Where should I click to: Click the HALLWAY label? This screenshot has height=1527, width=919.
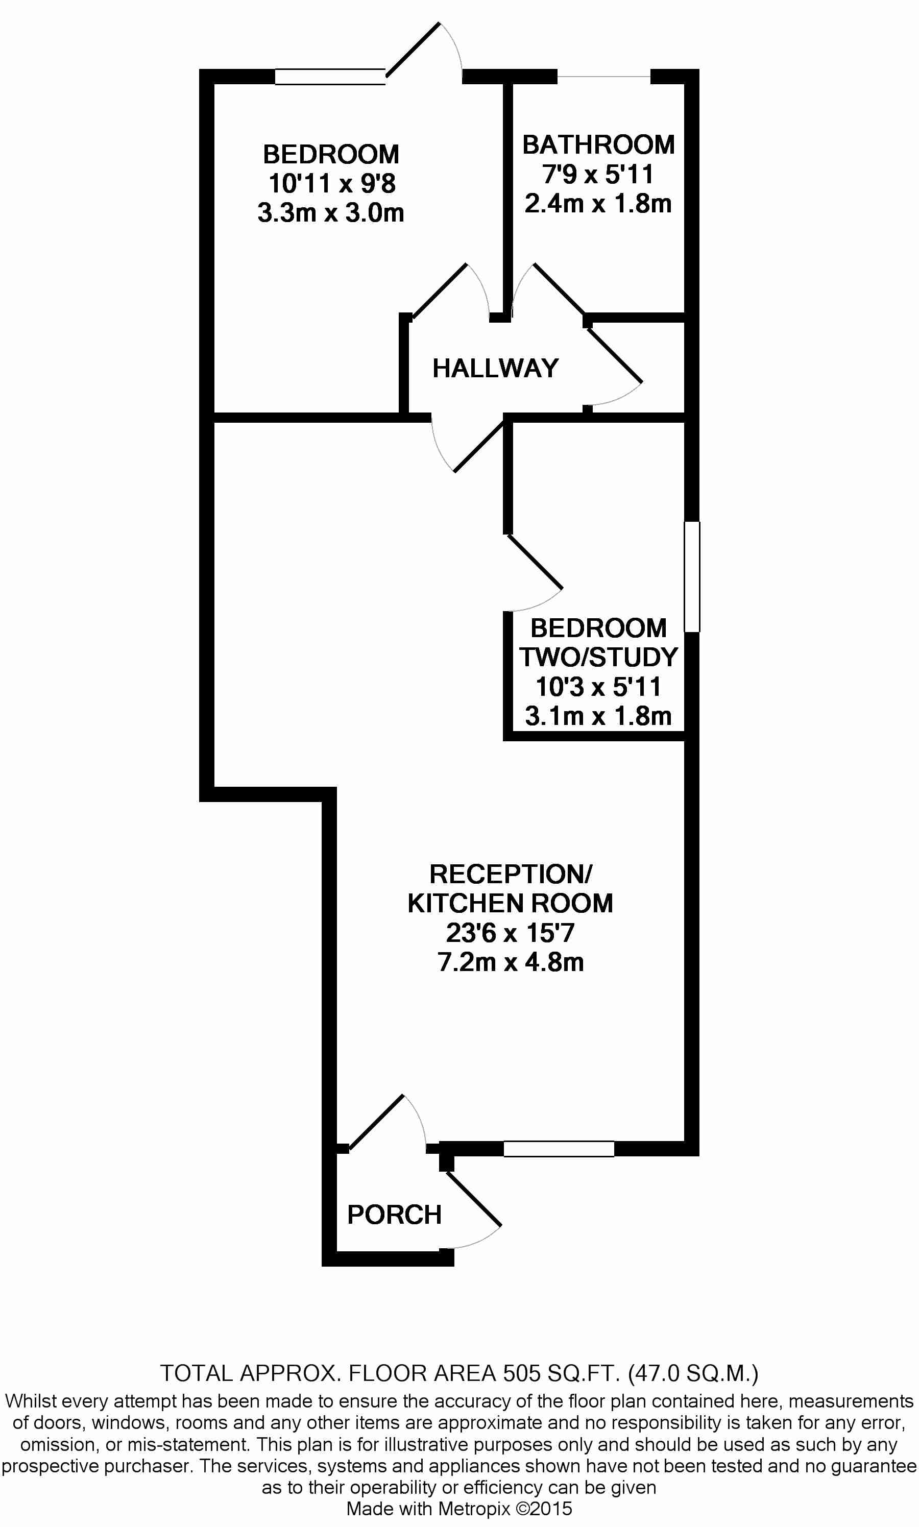click(x=495, y=369)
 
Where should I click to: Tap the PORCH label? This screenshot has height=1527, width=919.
click(x=395, y=1215)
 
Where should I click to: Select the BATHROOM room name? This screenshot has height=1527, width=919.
click(x=598, y=145)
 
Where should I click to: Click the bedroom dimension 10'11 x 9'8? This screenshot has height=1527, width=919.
click(x=331, y=183)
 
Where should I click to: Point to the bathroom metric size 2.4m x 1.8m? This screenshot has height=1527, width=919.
click(x=598, y=203)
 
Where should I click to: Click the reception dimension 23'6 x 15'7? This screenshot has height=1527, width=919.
click(x=510, y=933)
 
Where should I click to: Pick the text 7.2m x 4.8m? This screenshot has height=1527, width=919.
click(x=510, y=962)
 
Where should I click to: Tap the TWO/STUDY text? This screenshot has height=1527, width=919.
click(x=598, y=657)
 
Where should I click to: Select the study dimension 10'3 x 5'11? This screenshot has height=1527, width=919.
click(x=598, y=687)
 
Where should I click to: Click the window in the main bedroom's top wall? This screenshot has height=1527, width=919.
click(x=330, y=77)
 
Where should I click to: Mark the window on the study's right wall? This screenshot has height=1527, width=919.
click(x=692, y=576)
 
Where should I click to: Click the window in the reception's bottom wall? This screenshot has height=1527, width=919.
click(x=559, y=1149)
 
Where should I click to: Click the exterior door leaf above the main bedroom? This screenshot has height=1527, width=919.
click(x=413, y=50)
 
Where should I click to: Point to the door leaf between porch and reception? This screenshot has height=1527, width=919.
click(x=376, y=1123)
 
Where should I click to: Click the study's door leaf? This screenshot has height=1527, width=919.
click(x=535, y=562)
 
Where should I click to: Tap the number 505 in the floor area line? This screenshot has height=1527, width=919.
click(x=520, y=1373)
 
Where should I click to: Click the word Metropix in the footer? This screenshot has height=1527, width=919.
click(x=474, y=1509)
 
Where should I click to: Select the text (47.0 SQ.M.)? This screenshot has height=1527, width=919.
click(x=693, y=1373)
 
